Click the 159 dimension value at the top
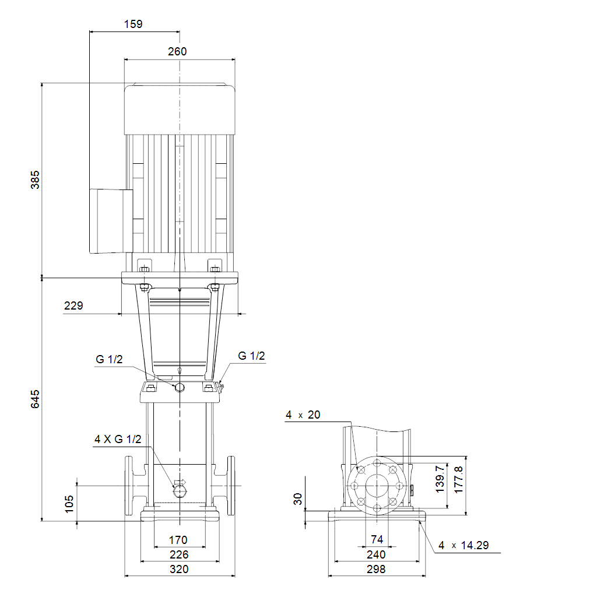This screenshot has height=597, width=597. pos(134,24)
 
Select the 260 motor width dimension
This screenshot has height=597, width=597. pos(177,51)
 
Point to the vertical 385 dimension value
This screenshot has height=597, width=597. pos(35,180)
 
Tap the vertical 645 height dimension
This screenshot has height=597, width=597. pos(35,399)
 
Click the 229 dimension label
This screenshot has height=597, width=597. pos(73,305)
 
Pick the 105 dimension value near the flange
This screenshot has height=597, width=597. pos(69,504)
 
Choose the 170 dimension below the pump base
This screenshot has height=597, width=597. pos(178,540)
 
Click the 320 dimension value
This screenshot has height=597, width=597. pos(179,569)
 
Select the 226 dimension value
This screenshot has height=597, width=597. pos(179,554)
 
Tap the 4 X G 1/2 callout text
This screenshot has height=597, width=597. pos(118,439)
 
